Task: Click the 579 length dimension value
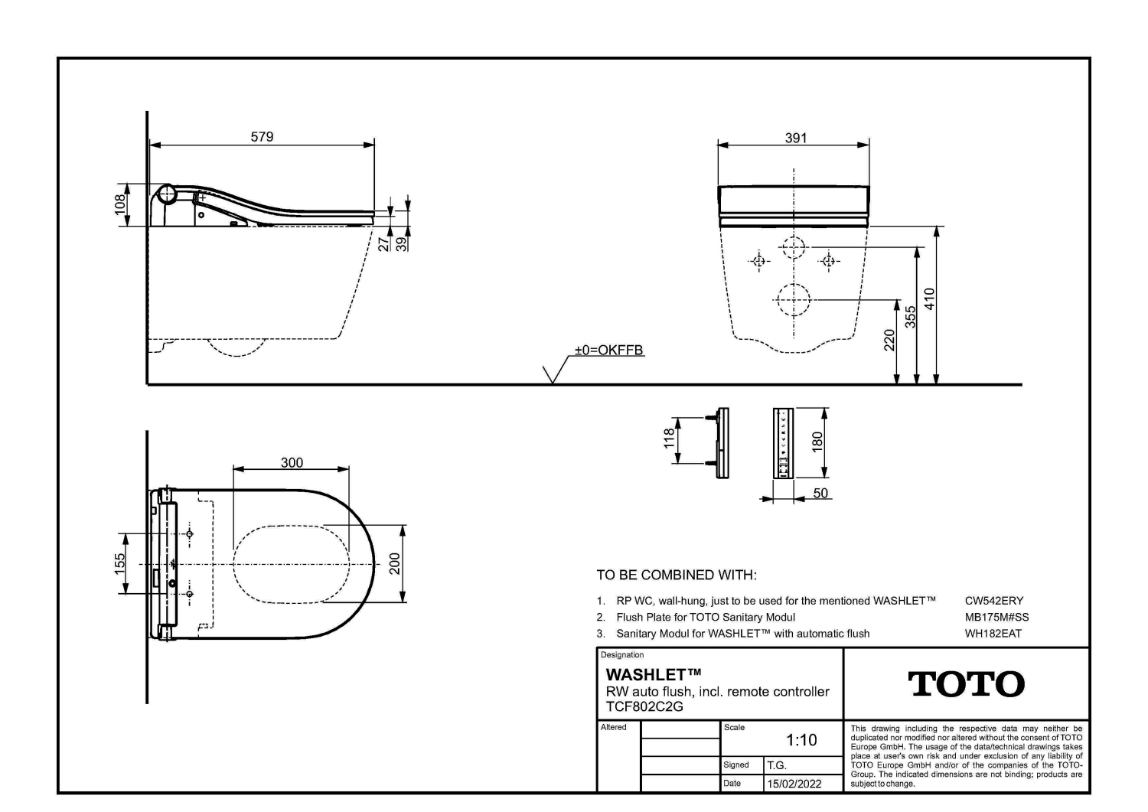click(x=262, y=137)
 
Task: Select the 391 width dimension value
click(x=796, y=138)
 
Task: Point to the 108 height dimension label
click(x=120, y=205)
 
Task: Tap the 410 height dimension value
click(x=929, y=299)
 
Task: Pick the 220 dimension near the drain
click(x=889, y=341)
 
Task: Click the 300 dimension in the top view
click(x=292, y=463)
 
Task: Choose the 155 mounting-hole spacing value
click(x=119, y=564)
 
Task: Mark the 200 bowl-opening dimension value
click(x=395, y=564)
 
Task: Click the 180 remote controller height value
click(x=817, y=442)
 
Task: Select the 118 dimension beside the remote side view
click(x=670, y=439)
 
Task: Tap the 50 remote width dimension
click(x=820, y=493)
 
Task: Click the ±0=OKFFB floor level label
click(x=609, y=350)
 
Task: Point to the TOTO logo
click(x=966, y=684)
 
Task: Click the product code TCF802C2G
click(x=644, y=706)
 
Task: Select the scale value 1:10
click(x=801, y=740)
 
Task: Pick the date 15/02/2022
click(x=794, y=784)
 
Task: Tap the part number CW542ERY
click(x=994, y=601)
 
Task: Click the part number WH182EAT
click(x=993, y=634)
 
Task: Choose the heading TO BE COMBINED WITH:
click(x=677, y=576)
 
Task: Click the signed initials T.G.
click(x=777, y=765)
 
